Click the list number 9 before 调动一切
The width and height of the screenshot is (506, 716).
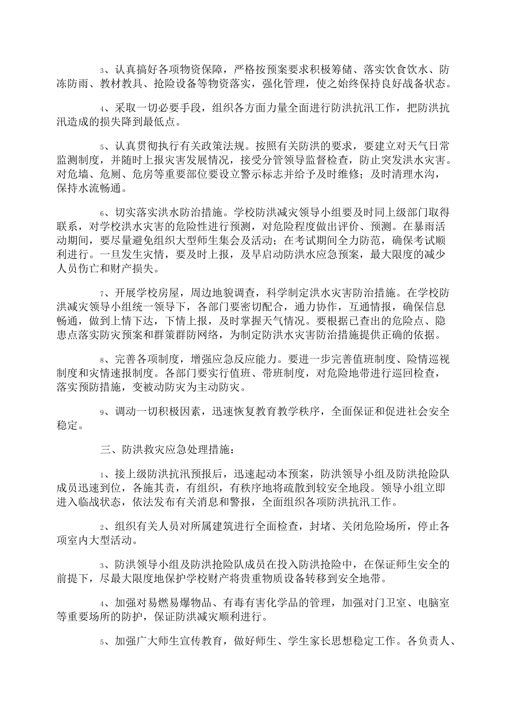click(x=103, y=412)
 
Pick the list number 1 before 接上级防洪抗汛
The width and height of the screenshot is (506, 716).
click(x=103, y=475)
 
